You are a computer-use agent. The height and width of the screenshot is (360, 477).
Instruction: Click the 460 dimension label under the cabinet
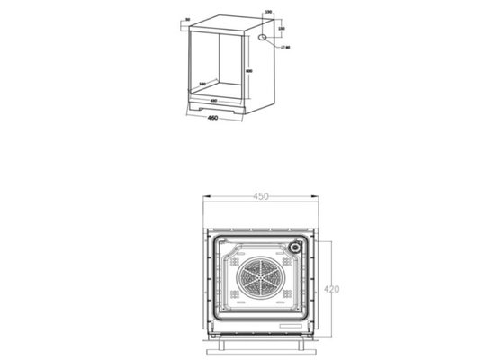pos(213,118)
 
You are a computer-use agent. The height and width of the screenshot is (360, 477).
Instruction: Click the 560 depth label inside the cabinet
pos(202,84)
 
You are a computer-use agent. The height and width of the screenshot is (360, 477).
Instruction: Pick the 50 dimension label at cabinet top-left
pos(186,19)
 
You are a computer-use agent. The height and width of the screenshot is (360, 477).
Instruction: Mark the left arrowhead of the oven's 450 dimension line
pos(202,198)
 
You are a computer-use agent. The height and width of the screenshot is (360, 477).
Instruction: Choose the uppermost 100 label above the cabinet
pos(267,12)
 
